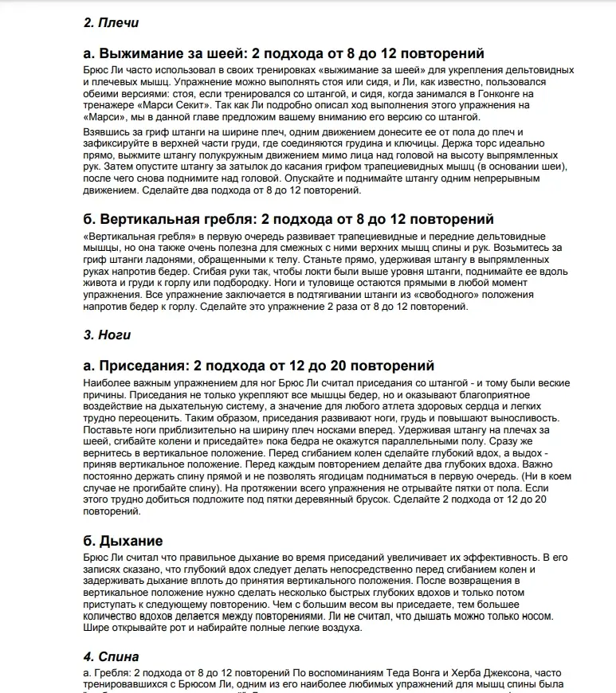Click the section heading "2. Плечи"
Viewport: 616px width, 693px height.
106,23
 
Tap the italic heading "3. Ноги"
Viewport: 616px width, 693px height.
108,335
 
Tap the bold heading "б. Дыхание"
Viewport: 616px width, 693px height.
123,542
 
